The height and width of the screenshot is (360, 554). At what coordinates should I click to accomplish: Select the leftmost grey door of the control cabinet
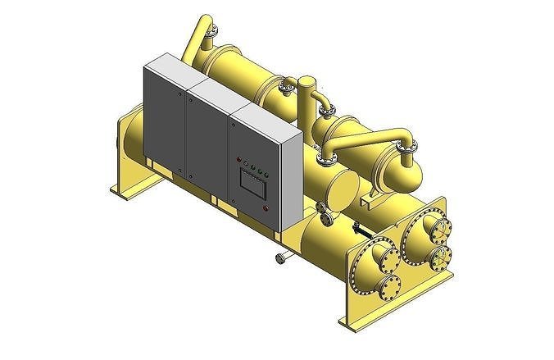[166, 119]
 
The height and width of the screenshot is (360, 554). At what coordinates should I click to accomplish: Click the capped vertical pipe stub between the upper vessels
[307, 94]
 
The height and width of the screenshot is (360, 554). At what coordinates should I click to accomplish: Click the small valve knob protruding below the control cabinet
[280, 259]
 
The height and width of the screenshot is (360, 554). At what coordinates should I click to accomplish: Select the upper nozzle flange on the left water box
[383, 256]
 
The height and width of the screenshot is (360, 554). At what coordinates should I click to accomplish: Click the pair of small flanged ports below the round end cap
[327, 215]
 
